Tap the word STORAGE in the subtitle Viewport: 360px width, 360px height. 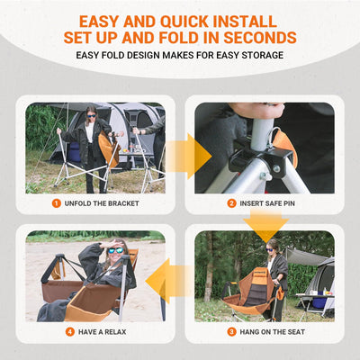256,57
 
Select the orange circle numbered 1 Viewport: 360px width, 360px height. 56,203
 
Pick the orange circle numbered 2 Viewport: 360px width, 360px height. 230,203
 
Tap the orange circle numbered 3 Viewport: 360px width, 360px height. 230,331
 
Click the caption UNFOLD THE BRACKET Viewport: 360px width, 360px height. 102,203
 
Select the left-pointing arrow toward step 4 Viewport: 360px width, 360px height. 171,281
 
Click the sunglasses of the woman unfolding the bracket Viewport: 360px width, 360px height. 91,114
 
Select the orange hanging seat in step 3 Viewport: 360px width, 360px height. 254,290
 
